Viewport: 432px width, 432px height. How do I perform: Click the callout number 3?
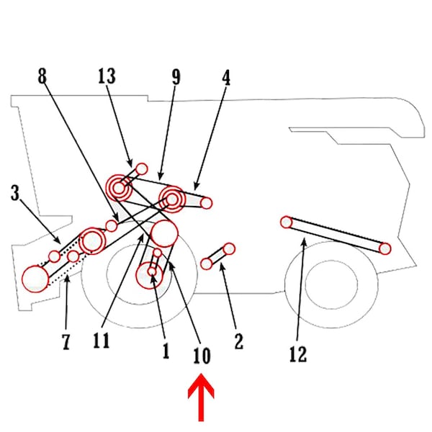[x=16, y=192]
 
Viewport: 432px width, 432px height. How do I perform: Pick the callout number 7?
[x=66, y=341]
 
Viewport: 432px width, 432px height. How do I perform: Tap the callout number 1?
[x=165, y=351]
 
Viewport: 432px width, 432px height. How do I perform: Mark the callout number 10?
[x=202, y=355]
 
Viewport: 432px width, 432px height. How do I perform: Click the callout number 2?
[x=239, y=341]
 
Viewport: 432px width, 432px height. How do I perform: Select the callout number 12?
[x=297, y=354]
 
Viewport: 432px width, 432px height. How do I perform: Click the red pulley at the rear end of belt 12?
[x=384, y=249]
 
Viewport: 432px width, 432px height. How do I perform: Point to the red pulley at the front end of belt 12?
[x=286, y=222]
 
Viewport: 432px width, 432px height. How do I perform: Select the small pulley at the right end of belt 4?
[x=207, y=203]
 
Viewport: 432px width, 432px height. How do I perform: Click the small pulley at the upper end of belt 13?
[x=142, y=168]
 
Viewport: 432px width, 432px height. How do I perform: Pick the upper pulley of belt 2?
[x=229, y=248]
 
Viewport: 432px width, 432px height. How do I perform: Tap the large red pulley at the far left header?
[x=34, y=278]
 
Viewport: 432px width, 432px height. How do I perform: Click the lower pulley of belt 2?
[x=207, y=264]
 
